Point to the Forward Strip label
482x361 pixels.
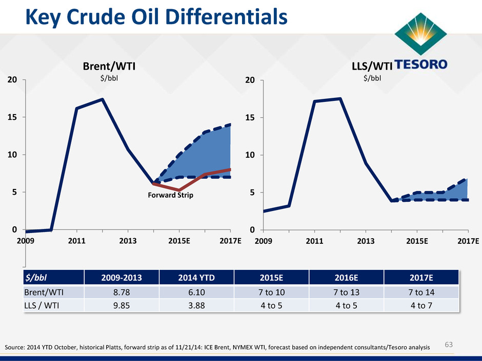click(x=172, y=195)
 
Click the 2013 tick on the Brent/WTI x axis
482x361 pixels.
click(x=128, y=241)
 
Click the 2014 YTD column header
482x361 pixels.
click(x=195, y=278)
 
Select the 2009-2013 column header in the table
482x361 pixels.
click(x=120, y=278)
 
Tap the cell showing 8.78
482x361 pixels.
click(x=120, y=291)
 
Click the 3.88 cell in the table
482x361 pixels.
click(x=195, y=304)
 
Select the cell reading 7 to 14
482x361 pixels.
click(x=421, y=291)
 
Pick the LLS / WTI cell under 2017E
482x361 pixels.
click(x=421, y=304)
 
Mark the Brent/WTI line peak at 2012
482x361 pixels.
click(x=103, y=99)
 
